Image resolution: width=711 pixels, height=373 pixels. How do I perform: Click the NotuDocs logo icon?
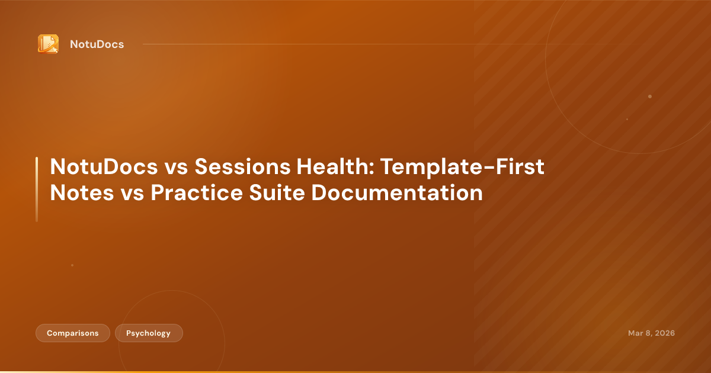48,44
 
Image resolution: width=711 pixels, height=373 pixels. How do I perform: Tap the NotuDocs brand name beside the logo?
97,44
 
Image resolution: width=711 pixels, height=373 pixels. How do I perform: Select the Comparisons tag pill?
73,333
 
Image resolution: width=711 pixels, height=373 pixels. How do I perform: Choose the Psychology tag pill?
149,333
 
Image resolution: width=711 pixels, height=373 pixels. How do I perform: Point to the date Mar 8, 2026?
651,333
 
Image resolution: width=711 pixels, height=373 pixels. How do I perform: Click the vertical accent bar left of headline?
37,189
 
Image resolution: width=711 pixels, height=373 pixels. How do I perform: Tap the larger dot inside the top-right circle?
650,97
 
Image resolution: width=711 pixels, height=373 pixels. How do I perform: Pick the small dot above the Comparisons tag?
72,265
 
